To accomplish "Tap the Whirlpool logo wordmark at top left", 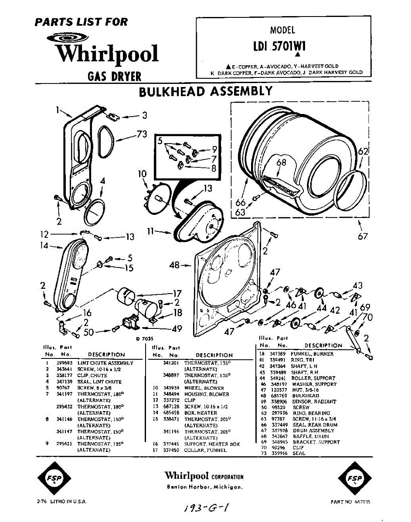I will pos(107,54).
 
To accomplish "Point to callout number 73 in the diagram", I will pos(142,134).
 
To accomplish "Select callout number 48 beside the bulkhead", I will pos(174,265).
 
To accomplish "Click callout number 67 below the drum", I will pos(363,236).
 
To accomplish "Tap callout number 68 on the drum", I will pos(282,162).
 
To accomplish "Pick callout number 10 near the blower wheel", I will pos(142,174).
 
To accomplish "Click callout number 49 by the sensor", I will pos(177,329).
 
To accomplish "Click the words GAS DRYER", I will pos(115,77).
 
